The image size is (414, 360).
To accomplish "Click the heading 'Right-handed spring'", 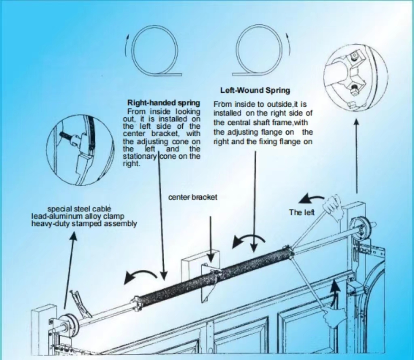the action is [x=163, y=102].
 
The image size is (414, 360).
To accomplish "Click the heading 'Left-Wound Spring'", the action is [x=256, y=91].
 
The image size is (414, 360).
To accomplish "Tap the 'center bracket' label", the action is [x=193, y=197].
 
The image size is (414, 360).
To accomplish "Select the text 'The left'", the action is [x=302, y=212].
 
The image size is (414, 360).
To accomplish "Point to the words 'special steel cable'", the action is [x=79, y=209].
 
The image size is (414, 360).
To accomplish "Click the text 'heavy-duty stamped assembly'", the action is [x=84, y=224].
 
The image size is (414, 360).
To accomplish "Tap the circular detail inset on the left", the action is [x=80, y=150].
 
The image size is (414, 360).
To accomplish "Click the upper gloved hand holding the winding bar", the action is [x=333, y=206].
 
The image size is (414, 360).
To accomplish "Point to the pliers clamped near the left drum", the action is [x=80, y=303].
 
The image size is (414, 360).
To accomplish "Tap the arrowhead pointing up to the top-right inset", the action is [x=356, y=122].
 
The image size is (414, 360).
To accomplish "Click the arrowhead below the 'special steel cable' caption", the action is [x=74, y=236].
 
